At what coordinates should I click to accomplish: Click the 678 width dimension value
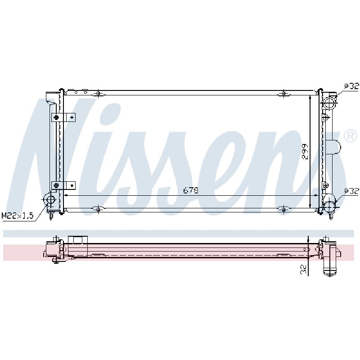click(x=190, y=190)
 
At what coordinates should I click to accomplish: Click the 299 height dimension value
click(x=305, y=152)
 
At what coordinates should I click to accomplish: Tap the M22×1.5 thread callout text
click(x=18, y=216)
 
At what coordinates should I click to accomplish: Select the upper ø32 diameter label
click(x=351, y=86)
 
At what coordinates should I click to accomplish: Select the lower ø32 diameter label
click(x=351, y=191)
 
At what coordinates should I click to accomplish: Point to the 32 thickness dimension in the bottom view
click(x=303, y=269)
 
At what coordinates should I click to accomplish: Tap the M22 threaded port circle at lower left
click(x=50, y=199)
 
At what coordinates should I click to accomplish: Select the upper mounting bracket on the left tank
click(x=63, y=117)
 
